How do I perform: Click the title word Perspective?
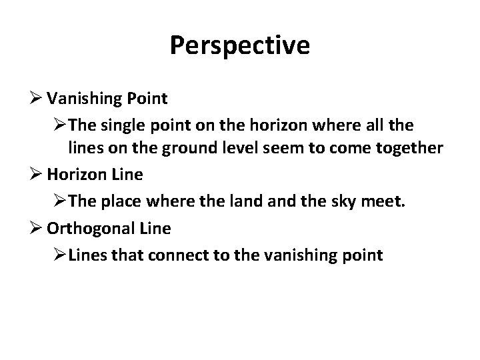coord(239,45)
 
